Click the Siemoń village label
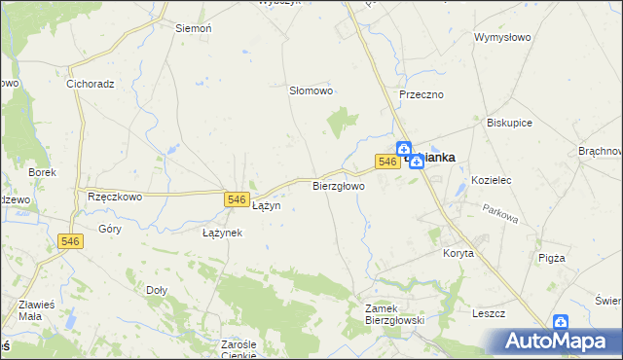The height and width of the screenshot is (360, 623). point(193,29)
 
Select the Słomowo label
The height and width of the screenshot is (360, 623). point(311,90)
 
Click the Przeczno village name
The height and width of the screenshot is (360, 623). point(421,94)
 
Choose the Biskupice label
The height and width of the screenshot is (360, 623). point(509,124)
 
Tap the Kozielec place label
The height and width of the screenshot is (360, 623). point(491,181)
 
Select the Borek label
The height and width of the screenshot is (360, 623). point(43,172)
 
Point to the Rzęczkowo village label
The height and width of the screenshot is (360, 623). point(115,196)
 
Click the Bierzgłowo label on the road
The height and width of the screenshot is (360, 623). point(339,185)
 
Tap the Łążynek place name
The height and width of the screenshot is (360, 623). point(222,234)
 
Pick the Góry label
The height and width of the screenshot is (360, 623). point(110,230)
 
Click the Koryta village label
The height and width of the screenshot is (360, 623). point(458,253)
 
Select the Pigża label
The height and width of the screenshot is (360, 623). point(551,258)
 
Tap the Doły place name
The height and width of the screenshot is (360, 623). point(156,290)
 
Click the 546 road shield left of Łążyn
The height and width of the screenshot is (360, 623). point(235,199)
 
